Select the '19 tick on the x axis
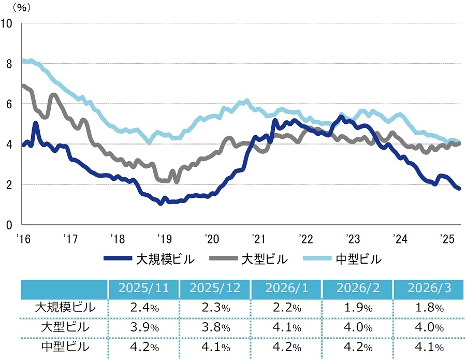tap(164, 239)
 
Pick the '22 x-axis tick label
tap(306, 239)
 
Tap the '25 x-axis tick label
tap(446, 239)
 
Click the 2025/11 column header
tap(143, 289)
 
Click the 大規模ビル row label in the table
tap(65, 307)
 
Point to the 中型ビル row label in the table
tap(65, 347)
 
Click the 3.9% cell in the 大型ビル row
tap(143, 327)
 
